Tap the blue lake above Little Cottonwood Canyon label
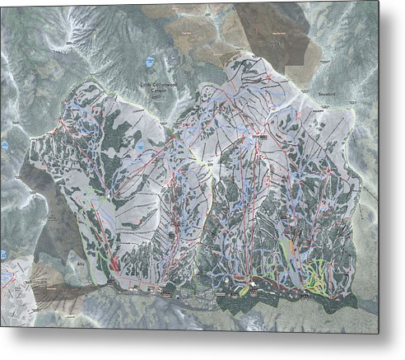pyautogui.click(x=149, y=62)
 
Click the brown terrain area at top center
pyautogui.click(x=198, y=33)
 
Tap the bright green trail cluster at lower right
pyautogui.click(x=315, y=281)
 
